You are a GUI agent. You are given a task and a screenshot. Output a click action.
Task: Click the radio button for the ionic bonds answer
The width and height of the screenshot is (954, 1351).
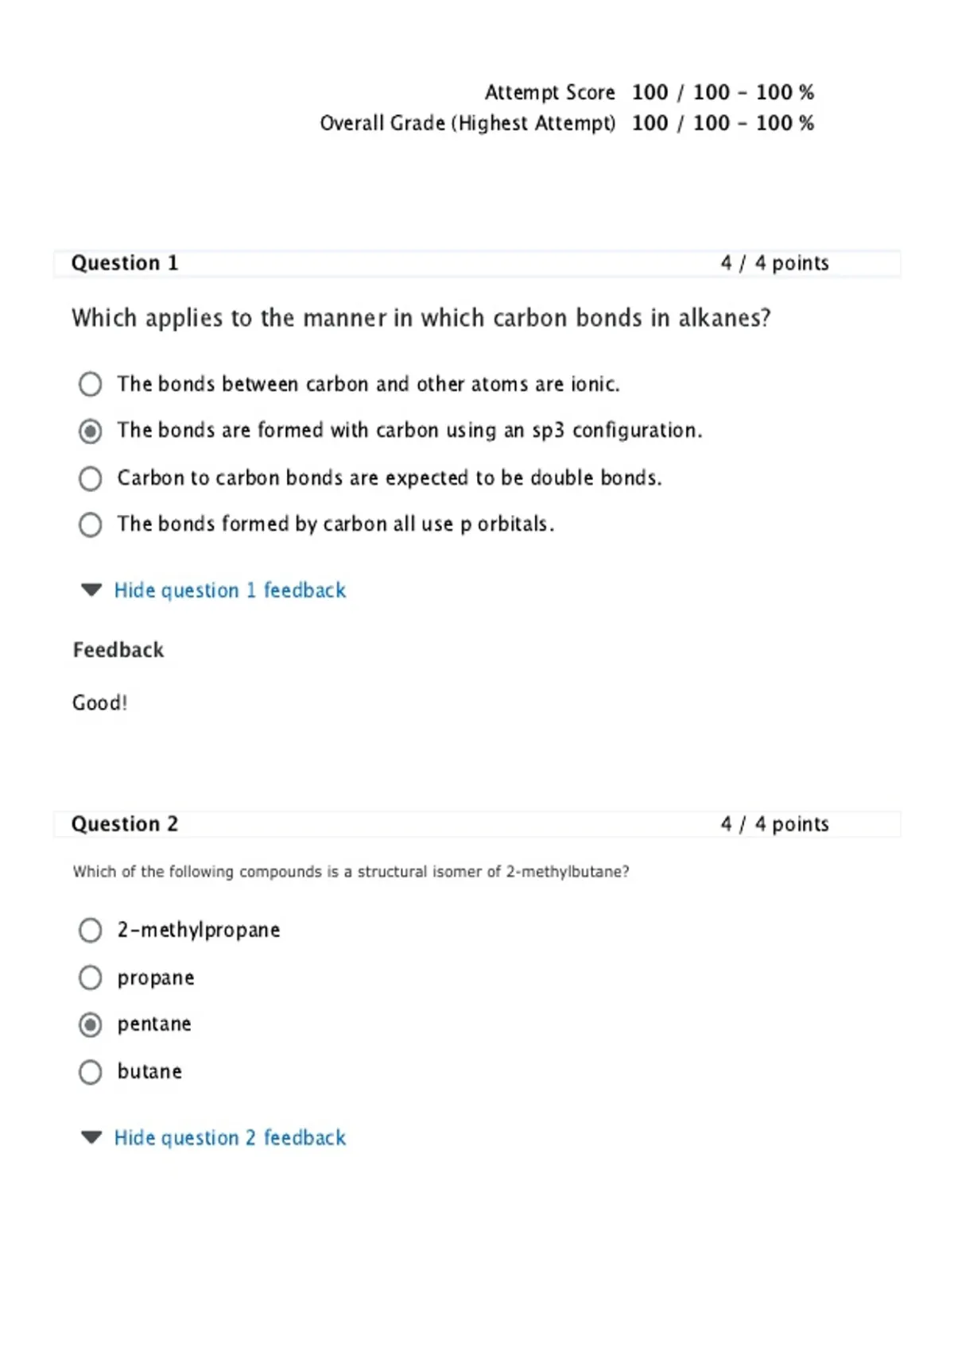91,385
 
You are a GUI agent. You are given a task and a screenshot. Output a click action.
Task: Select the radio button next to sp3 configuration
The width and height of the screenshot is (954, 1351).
91,432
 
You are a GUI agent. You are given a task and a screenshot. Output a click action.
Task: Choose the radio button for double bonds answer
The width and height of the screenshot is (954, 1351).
91,478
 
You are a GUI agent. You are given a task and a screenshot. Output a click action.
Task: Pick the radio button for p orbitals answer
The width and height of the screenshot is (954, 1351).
91,525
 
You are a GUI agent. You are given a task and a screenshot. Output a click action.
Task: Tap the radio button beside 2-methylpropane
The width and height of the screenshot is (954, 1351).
91,931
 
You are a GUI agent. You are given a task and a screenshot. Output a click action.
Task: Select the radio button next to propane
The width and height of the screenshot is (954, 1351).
91,977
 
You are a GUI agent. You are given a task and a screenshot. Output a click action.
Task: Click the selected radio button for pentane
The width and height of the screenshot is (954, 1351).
91,1025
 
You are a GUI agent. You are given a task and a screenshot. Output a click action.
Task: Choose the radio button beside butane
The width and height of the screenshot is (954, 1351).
91,1072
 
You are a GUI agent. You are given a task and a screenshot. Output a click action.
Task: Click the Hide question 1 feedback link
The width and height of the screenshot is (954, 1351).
230,590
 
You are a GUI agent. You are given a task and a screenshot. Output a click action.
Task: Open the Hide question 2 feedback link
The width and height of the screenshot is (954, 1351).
230,1138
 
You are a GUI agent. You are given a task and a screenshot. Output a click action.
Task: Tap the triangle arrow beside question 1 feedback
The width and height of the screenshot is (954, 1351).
91,590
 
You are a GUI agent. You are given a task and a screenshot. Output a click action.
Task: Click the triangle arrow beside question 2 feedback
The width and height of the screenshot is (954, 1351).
91,1137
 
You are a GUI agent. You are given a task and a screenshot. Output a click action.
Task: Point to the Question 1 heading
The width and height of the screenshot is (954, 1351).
125,263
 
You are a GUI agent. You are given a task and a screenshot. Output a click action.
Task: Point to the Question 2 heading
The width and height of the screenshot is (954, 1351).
125,824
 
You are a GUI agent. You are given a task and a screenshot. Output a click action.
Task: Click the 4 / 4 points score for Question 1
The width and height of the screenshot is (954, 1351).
774,263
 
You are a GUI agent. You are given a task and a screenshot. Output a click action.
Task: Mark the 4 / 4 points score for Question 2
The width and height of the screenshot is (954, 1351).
774,824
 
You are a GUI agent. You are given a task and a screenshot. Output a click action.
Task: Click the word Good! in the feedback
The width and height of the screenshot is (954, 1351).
99,703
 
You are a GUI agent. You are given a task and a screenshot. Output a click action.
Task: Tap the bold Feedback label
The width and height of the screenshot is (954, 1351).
118,650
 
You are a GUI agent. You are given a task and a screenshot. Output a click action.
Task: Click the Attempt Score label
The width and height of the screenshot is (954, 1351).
549,93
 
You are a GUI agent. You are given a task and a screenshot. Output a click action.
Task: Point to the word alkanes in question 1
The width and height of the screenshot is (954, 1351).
723,318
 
